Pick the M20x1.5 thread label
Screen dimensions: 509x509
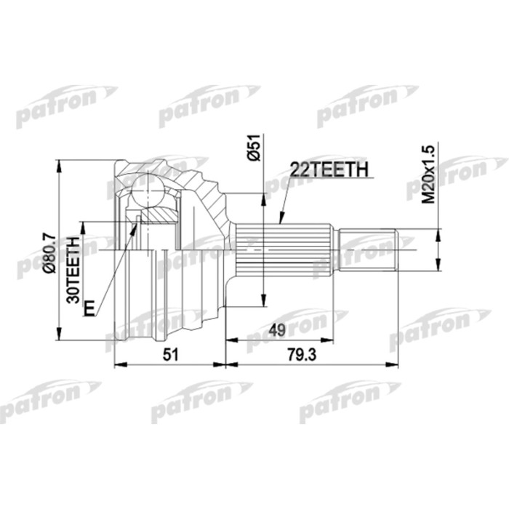click(428, 172)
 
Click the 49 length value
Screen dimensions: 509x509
click(276, 329)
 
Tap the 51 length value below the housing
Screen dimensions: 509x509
click(168, 354)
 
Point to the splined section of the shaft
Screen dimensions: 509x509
click(284, 248)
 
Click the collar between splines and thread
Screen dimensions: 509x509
click(335, 248)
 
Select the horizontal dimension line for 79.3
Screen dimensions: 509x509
click(313, 363)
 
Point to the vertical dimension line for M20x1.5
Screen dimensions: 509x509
click(438, 248)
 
